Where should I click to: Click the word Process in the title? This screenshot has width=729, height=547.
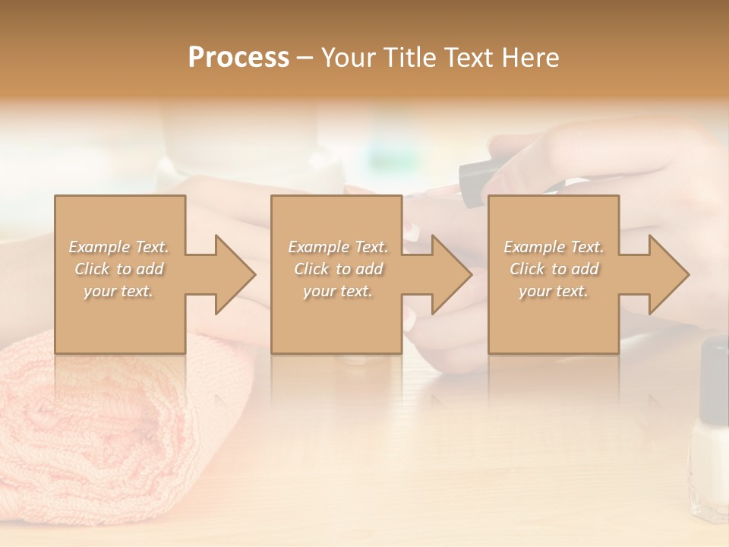[238, 58]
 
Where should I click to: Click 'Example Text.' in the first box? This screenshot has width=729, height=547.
[118, 247]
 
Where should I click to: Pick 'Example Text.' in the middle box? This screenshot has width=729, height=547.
[337, 247]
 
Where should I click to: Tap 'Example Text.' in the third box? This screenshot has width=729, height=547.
[554, 247]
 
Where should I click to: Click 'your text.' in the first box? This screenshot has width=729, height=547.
[118, 291]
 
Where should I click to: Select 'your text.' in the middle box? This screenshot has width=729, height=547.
[337, 291]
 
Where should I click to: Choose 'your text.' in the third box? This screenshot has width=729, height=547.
[554, 291]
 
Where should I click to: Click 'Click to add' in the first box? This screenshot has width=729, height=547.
[118, 269]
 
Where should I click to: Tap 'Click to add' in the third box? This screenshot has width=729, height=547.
[554, 269]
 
